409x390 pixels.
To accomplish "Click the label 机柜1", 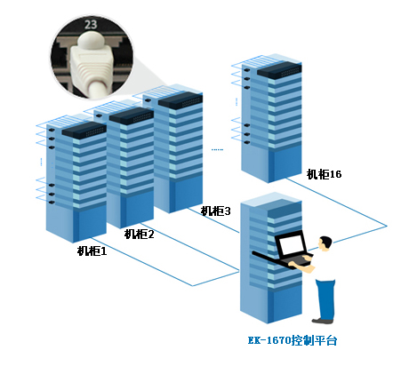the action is (92, 251).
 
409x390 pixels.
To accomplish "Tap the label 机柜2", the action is (139, 235).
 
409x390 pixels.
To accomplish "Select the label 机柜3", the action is (215, 211).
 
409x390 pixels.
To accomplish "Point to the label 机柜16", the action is (324, 174).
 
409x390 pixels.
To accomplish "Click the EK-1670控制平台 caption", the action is (293, 340).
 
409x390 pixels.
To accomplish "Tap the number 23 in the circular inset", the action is (91, 25).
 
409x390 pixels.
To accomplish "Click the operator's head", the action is (325, 243).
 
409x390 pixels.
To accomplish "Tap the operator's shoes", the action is (323, 321).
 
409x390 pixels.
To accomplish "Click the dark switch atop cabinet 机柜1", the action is (84, 131).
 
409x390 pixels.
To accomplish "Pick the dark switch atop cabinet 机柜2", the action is (132, 115).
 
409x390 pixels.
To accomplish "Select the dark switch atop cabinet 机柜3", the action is (180, 100).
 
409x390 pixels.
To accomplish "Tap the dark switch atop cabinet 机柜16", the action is (279, 70).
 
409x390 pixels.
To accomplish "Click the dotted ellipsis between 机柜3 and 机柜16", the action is (217, 150).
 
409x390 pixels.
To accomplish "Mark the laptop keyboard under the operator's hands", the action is (296, 259).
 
